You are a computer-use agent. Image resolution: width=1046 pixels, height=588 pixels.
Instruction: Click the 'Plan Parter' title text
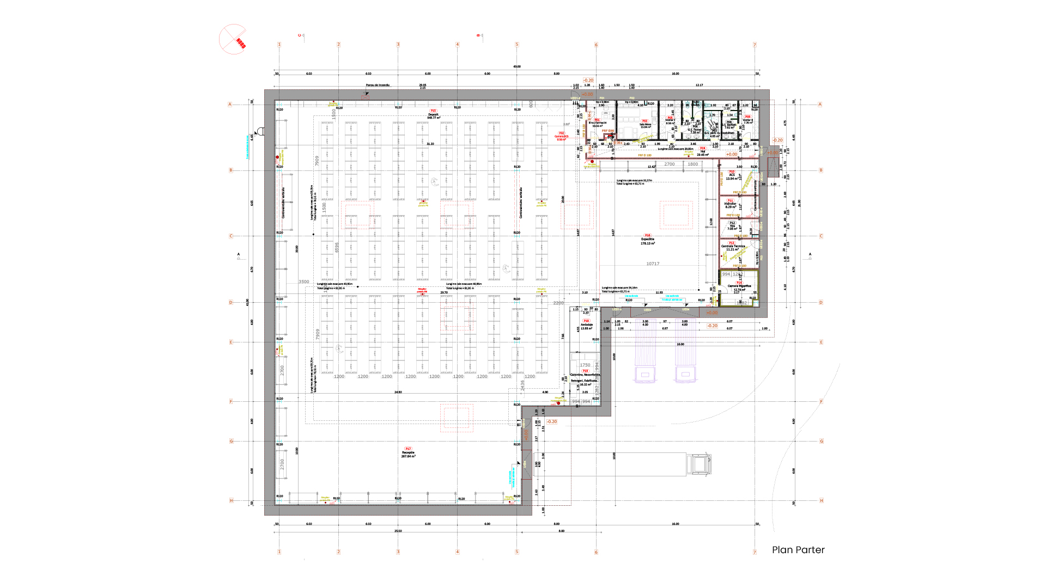tap(798, 550)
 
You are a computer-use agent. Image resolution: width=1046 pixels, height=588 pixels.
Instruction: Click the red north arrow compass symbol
tap(233, 39)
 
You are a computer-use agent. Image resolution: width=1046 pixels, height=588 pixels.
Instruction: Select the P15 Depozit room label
tap(434, 114)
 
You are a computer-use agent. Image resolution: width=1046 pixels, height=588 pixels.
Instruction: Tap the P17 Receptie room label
tap(408, 452)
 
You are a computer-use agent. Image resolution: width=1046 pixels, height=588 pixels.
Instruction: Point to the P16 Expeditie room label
tap(648, 240)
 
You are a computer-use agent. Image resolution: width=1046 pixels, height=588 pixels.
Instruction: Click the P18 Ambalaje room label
tap(586, 324)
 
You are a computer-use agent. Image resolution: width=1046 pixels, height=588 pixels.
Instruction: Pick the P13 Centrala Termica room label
tap(733, 246)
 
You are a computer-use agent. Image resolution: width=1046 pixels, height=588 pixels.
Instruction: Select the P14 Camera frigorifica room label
tap(739, 286)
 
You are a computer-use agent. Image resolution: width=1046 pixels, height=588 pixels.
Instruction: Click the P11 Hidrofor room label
tap(730, 204)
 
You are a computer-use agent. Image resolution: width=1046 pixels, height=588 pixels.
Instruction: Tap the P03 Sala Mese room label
tap(645, 124)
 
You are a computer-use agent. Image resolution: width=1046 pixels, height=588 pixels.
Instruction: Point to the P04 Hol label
tap(703, 151)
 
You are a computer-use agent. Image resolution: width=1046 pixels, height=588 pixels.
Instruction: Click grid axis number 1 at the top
tap(279, 45)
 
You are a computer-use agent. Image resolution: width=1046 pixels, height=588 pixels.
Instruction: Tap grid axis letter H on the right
tap(821, 500)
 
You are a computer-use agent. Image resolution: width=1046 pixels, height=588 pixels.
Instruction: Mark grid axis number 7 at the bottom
tap(755, 552)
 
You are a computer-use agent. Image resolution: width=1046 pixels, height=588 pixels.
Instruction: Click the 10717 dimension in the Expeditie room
tap(653, 264)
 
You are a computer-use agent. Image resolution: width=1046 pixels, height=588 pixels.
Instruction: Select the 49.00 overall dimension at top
tap(516, 66)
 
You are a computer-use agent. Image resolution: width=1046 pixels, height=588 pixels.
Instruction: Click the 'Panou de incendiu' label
tap(378, 85)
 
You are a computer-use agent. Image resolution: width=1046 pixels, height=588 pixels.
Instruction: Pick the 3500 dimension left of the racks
tap(304, 281)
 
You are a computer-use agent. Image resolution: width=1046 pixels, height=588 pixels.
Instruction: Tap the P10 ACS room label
tap(732, 175)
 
